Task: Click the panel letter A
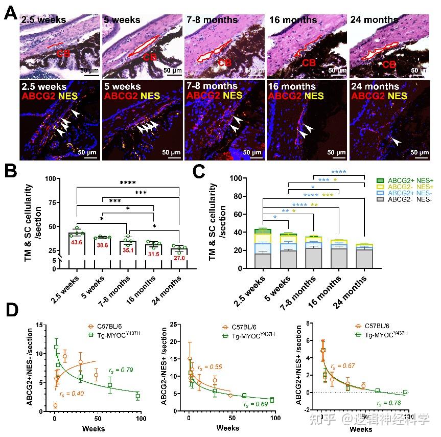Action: pyautogui.click(x=10, y=12)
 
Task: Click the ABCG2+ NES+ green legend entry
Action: pyautogui.click(x=408, y=180)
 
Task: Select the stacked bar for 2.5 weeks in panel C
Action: pyautogui.click(x=263, y=248)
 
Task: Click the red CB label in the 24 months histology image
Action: pyautogui.click(x=389, y=64)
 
